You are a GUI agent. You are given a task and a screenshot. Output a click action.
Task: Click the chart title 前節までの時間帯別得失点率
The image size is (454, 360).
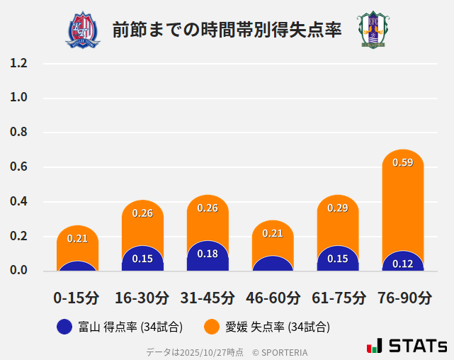coord(227,30)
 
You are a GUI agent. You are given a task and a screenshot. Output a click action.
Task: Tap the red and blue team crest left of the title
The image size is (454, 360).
coord(83,30)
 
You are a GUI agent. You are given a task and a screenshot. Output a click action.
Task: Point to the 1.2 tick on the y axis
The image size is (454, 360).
coord(18,63)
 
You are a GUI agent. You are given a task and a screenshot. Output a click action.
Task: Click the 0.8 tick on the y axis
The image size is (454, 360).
coord(18,133)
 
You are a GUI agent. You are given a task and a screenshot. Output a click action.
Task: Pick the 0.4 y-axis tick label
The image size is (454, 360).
coord(18,202)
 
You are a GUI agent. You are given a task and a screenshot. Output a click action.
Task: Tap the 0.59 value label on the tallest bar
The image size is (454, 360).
coord(402,162)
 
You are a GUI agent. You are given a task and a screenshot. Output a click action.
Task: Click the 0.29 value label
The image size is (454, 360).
coord(337,208)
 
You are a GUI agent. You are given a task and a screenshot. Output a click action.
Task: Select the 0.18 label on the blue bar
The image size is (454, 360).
coord(208,254)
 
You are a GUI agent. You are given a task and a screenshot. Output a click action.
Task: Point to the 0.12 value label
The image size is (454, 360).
coord(402,264)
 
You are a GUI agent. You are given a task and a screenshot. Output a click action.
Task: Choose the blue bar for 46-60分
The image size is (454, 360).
coord(273,264)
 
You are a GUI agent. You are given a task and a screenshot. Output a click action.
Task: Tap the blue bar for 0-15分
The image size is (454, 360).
coord(77,266)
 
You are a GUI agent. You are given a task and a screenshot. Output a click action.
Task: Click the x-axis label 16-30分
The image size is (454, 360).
coord(142,298)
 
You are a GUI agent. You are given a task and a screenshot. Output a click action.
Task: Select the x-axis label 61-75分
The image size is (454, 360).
coord(338,298)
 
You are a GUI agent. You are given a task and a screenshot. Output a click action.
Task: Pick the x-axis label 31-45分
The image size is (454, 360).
coord(208,298)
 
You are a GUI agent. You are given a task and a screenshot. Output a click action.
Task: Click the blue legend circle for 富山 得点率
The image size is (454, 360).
coord(64,327)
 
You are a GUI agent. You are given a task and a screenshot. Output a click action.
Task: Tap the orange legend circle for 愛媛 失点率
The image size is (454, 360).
coord(211,327)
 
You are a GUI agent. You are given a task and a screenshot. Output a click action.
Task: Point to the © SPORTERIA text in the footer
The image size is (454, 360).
coord(280,351)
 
